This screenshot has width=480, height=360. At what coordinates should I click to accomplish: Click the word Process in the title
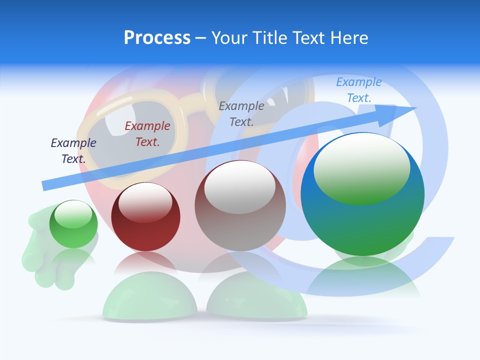point(157,38)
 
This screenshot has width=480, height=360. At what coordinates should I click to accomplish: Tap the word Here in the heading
point(349,38)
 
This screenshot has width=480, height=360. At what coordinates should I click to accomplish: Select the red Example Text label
point(147,134)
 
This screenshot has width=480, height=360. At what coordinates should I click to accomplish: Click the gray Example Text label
point(241,113)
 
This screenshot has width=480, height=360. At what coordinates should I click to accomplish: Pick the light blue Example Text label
point(359,89)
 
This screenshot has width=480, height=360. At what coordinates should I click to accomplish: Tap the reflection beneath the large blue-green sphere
point(362,280)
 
